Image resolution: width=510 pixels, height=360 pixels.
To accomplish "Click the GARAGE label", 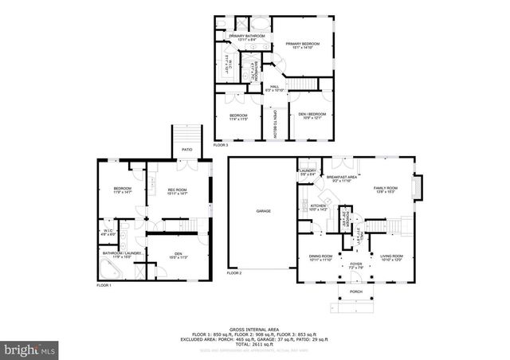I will click(263, 211).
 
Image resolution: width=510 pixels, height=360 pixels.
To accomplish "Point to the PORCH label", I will click(356, 292).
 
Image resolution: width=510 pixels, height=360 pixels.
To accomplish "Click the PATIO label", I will click(187, 149).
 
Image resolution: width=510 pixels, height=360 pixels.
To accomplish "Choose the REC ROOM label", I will click(176, 189).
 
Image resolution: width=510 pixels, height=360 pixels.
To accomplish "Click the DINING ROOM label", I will click(320, 256).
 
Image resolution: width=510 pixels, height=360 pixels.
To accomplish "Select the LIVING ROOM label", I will click(391, 256).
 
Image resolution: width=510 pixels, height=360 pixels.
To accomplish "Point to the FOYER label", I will click(355, 265).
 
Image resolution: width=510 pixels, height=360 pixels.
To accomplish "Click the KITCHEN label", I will click(319, 205).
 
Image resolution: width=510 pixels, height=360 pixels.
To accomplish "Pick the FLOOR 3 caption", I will click(221, 145).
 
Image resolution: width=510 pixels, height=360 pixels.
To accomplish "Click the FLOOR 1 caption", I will click(104, 285).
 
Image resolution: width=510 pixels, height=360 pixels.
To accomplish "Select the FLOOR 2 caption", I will click(233, 273).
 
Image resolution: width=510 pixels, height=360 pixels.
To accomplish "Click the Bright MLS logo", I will click(30, 349).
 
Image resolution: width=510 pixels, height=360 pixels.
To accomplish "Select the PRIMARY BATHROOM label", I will click(246, 37).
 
